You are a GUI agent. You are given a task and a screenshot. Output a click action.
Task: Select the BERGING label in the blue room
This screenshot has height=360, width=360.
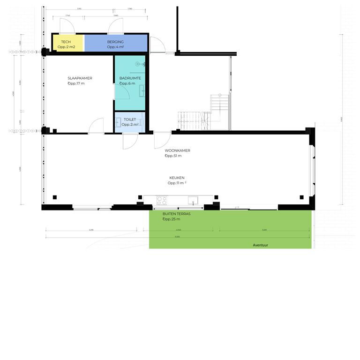(115, 42)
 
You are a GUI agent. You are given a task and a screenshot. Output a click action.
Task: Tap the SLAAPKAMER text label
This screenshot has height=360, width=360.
(80, 78)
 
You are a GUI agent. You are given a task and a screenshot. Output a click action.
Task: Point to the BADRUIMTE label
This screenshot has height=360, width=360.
(130, 78)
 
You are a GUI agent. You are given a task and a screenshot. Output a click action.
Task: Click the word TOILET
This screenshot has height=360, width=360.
(130, 120)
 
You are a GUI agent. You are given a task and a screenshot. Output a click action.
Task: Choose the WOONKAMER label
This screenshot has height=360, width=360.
(177, 150)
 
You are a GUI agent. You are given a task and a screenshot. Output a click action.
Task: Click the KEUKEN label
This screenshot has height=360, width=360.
(177, 178)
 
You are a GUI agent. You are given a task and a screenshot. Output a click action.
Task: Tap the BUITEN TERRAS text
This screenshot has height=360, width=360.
(176, 213)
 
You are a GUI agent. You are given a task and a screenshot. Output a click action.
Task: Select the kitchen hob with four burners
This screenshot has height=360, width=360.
(162, 201)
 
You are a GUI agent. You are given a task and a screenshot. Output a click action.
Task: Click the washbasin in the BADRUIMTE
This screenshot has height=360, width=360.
(142, 90)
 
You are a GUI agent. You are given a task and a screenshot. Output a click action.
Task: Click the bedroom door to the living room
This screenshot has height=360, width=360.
(97, 126)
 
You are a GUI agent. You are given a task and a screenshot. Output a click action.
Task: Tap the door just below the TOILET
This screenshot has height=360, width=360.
(130, 141)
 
